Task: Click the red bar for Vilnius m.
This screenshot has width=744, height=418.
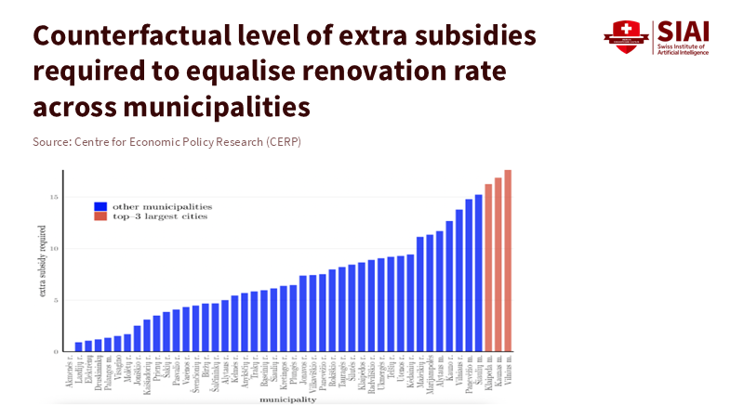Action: (x=508, y=260)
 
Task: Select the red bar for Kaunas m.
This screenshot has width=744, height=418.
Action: (x=498, y=265)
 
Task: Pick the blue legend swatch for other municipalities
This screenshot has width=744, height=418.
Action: (x=100, y=205)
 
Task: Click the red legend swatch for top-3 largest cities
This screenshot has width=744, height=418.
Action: (x=100, y=216)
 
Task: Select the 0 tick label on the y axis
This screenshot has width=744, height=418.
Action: (x=56, y=352)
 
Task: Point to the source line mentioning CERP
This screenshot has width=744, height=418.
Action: (x=166, y=141)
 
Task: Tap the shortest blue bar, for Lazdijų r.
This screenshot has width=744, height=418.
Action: (x=79, y=346)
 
